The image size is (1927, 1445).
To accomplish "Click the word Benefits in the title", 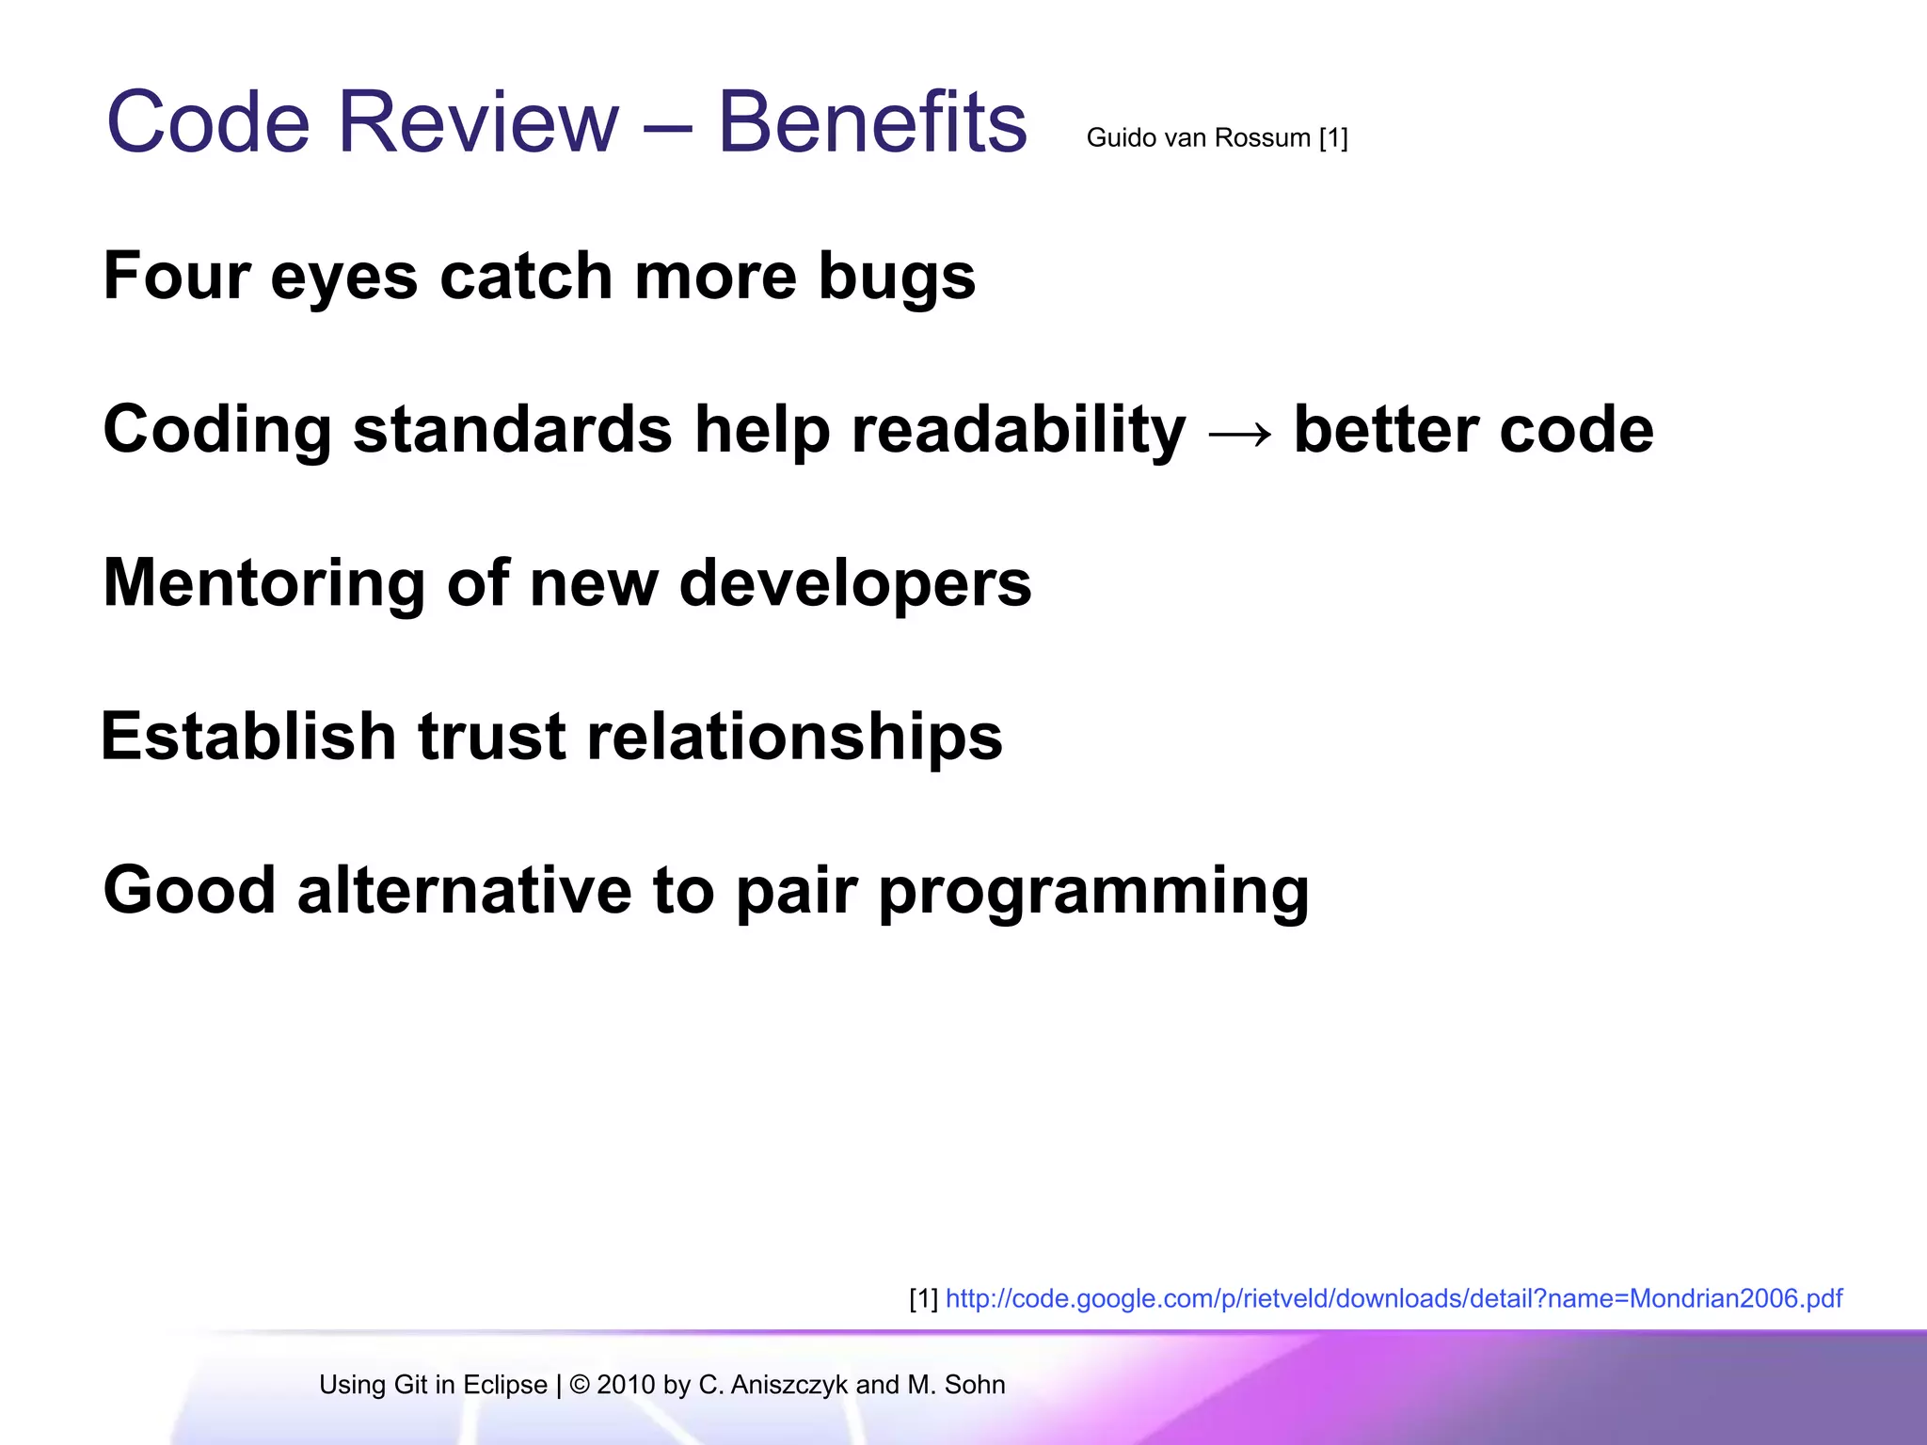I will (872, 122).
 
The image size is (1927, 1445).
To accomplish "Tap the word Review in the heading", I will (478, 122).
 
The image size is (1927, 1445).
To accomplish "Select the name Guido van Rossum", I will (1198, 138).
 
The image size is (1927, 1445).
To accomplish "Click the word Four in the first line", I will (176, 277).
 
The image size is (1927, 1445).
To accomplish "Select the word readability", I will (1019, 431).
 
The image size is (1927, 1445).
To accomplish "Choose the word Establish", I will (248, 737).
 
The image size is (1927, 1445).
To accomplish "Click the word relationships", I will (795, 737).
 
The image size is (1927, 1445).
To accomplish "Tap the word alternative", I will (465, 890).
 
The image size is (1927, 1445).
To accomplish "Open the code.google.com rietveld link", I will (1393, 1299).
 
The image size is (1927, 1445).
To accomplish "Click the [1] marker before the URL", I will (923, 1299).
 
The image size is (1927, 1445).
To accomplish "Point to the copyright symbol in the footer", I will (580, 1385).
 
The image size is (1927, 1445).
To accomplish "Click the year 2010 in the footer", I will (626, 1385).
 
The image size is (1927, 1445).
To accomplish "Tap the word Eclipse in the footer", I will (505, 1385).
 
